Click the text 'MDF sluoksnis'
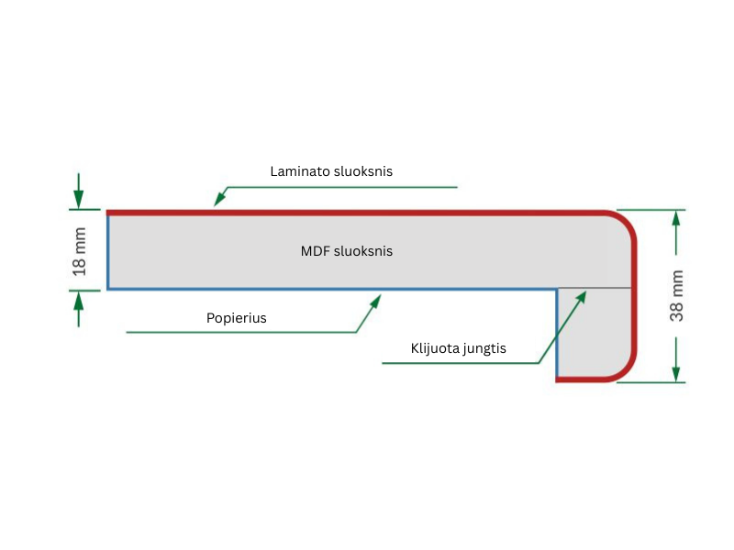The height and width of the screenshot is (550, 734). point(347,250)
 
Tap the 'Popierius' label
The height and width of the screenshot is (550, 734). point(237,318)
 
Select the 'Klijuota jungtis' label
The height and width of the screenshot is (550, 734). point(459,348)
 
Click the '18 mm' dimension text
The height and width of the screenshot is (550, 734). point(80,251)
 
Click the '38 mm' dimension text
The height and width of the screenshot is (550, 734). point(677,295)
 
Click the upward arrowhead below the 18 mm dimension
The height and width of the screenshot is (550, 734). point(79,299)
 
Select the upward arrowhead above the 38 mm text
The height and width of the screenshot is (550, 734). point(676,218)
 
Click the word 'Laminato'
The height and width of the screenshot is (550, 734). point(299,171)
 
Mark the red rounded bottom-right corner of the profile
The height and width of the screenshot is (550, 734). point(625,369)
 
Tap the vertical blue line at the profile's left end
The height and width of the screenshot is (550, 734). point(108,251)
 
